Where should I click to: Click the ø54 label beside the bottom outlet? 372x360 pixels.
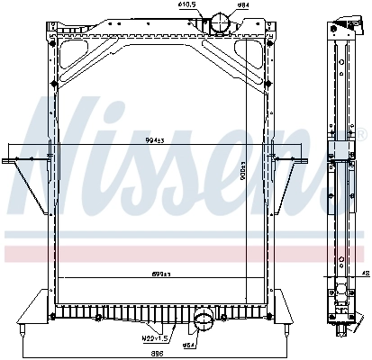[190, 346]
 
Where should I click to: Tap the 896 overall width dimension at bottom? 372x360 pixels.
[159, 354]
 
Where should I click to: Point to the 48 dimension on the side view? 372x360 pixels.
[365, 274]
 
